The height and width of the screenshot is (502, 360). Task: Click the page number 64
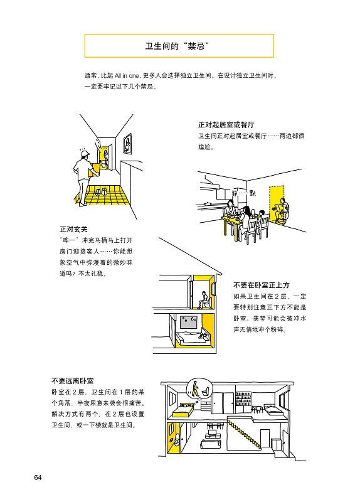pyautogui.click(x=38, y=478)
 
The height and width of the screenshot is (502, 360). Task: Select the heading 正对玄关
pyautogui.click(x=73, y=229)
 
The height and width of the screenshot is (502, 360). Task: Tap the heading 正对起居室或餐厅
pyautogui.click(x=226, y=124)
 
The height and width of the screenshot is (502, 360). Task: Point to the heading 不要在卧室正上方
pyautogui.click(x=261, y=285)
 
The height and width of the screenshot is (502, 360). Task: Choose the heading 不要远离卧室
pyautogui.click(x=72, y=381)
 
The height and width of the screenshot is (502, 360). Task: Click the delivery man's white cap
pyautogui.click(x=84, y=154)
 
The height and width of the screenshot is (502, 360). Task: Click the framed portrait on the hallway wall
pyautogui.click(x=127, y=144)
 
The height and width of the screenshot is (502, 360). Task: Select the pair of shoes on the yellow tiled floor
pyautogui.click(x=101, y=191)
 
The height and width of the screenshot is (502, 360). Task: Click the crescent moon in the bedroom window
pyautogui.click(x=193, y=319)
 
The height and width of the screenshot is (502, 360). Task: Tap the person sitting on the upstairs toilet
pyautogui.click(x=203, y=300)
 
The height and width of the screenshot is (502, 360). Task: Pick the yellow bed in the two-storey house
pyautogui.click(x=183, y=409)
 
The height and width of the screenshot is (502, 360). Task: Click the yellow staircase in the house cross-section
pyautogui.click(x=243, y=432)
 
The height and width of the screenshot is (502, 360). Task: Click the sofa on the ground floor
pyautogui.click(x=210, y=444)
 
